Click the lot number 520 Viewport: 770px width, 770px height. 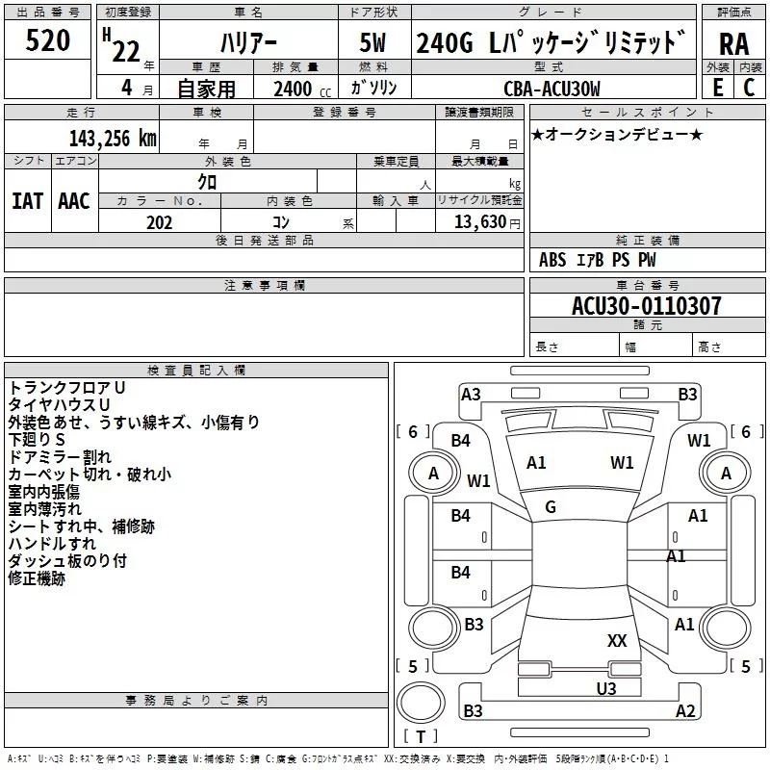coord(48,40)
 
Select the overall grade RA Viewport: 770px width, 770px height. coord(733,43)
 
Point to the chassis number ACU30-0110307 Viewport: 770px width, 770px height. coord(646,306)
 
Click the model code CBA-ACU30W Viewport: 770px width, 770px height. coord(552,89)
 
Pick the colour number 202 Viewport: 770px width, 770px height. coord(159,222)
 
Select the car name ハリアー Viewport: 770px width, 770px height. coord(247,42)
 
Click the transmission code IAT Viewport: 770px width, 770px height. coord(27,201)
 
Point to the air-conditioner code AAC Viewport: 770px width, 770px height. coord(73,201)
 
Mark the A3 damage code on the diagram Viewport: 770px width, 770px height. coord(471,394)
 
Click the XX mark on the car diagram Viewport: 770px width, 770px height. coord(617,640)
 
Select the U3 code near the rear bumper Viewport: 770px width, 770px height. coord(605,687)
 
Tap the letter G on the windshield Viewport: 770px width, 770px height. coord(551,507)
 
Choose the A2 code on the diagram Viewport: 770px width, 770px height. coord(685,711)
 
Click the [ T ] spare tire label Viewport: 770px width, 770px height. coord(420,737)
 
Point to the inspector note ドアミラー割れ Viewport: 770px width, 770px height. coord(60,456)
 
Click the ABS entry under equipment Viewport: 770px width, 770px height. coord(552,259)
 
